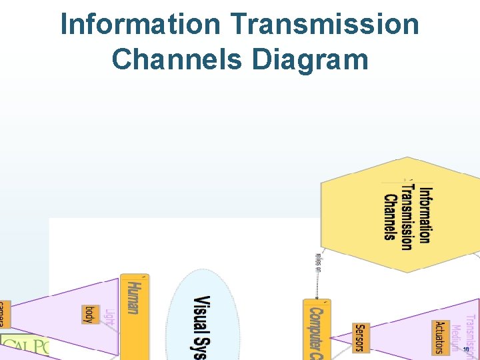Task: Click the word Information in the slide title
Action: tap(141, 25)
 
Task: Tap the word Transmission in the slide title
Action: tap(325, 25)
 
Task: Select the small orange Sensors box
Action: tap(360, 337)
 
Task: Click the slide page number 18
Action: tap(466, 349)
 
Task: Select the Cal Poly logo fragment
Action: tap(25, 347)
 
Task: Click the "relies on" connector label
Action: tap(318, 261)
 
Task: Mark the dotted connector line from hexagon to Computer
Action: tap(317, 283)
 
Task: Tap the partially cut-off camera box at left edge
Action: tap(3, 313)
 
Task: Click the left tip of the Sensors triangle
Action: tap(333, 337)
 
